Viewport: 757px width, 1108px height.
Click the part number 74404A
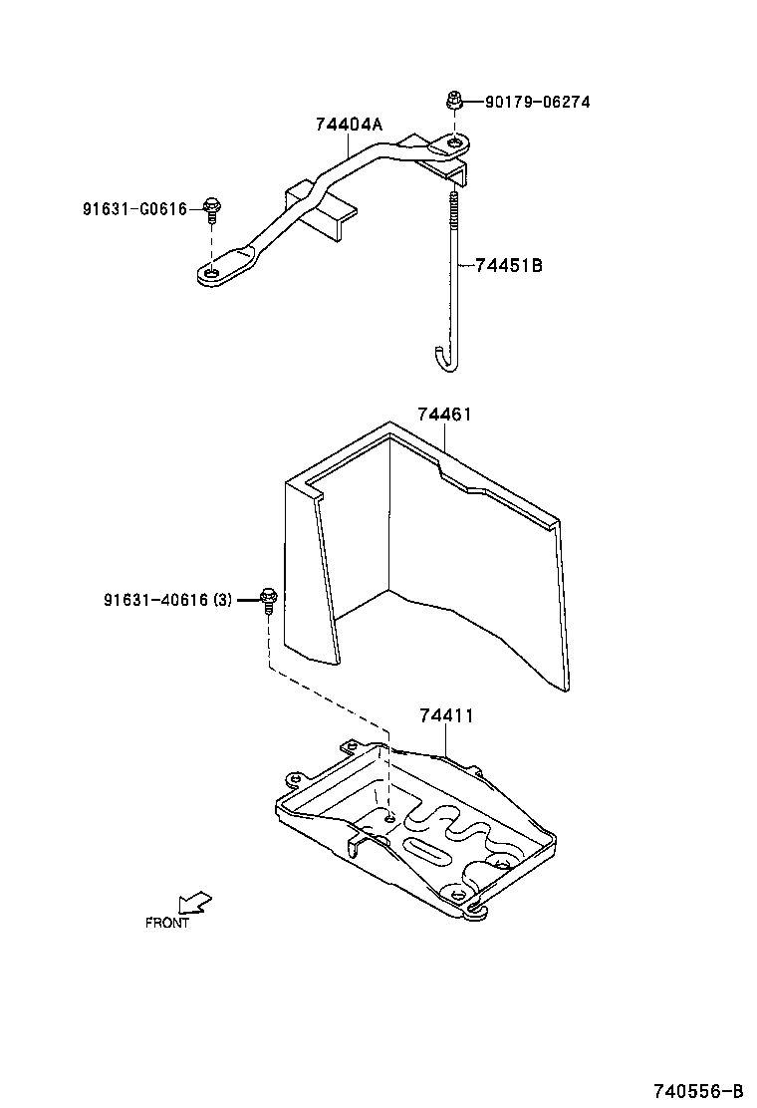click(x=349, y=125)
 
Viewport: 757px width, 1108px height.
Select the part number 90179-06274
click(x=537, y=102)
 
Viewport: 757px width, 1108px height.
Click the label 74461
click(x=444, y=414)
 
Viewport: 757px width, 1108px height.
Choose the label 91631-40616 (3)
click(x=166, y=599)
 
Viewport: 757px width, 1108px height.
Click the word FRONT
click(x=166, y=923)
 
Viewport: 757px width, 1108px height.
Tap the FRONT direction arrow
click(x=194, y=902)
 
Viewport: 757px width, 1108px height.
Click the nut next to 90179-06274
click(x=453, y=100)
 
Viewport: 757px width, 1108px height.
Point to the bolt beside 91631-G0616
click(x=211, y=208)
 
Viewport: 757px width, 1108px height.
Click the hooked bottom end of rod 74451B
click(x=445, y=359)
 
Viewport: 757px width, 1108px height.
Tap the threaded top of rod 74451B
click(x=453, y=209)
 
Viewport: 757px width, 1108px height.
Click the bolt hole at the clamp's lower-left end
click(x=211, y=272)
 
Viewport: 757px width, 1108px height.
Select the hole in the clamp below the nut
click(x=454, y=145)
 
